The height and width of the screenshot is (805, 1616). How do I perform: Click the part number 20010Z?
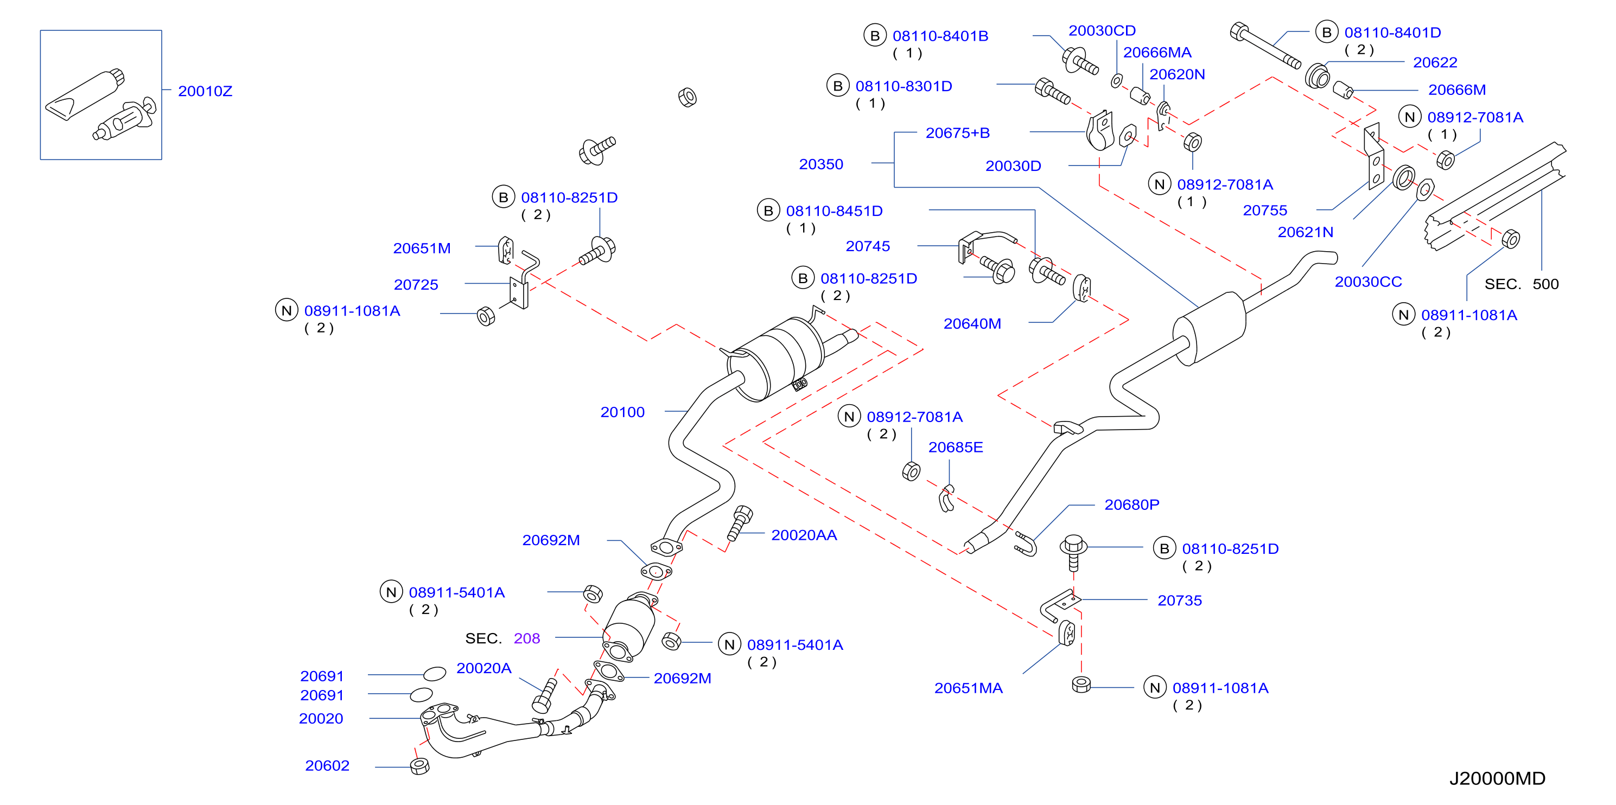[x=205, y=91]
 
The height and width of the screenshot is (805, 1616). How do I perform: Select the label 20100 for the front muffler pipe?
[x=622, y=412]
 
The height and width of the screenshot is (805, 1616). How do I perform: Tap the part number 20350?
[x=820, y=164]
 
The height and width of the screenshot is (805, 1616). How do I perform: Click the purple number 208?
[x=527, y=638]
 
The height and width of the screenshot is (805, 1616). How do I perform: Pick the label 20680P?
[x=1132, y=504]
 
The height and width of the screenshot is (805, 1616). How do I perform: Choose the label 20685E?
[x=956, y=447]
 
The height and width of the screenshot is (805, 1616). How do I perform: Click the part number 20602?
[x=327, y=765]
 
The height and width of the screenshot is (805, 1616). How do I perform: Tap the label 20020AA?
[x=804, y=535]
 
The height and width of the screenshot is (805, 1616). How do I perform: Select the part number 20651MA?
[x=968, y=688]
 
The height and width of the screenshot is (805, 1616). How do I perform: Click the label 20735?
[x=1179, y=600]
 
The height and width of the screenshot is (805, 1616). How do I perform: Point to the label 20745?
[x=868, y=246]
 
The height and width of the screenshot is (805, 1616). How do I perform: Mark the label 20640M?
[x=972, y=323]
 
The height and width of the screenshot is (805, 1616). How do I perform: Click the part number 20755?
[x=1265, y=210]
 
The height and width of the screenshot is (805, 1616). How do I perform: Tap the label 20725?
[x=416, y=285]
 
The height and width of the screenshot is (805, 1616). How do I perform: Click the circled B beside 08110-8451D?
[x=768, y=210]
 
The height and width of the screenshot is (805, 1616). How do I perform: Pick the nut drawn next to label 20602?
[x=419, y=766]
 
